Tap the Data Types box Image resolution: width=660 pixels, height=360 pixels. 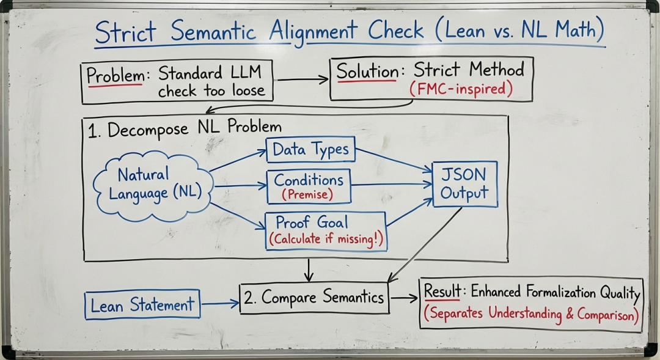(x=310, y=149)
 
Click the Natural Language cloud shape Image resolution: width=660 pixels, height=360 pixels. (x=151, y=184)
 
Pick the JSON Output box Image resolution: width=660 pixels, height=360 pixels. (x=464, y=184)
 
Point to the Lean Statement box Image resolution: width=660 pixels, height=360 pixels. (x=142, y=304)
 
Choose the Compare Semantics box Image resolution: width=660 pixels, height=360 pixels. (x=314, y=298)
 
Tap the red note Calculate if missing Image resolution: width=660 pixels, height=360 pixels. (x=326, y=239)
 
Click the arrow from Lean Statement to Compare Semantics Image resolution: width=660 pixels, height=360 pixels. (x=219, y=303)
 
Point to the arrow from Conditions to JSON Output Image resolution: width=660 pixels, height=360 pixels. (x=391, y=183)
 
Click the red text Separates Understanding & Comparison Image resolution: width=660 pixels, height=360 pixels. (x=530, y=314)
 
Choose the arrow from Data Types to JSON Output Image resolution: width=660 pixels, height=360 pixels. (x=394, y=161)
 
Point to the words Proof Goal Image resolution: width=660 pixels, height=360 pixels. (x=312, y=222)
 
